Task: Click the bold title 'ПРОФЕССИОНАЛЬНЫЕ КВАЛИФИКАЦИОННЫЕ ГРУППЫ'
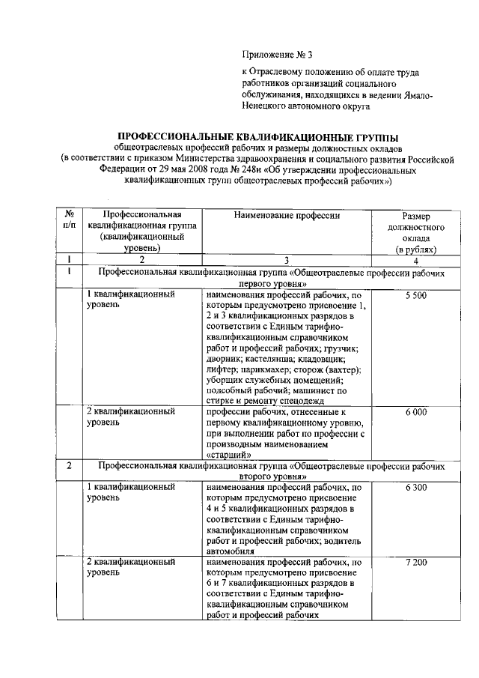click(259, 137)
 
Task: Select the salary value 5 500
click(415, 297)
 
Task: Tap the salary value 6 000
click(415, 412)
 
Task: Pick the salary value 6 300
click(415, 488)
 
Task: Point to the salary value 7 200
click(415, 561)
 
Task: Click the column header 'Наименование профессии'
click(286, 216)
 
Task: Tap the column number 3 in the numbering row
click(287, 261)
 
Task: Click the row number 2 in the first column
click(69, 465)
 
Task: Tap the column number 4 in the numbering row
click(416, 261)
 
